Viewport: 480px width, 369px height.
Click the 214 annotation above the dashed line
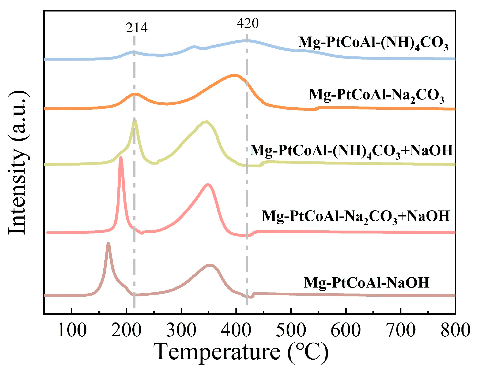[137, 28]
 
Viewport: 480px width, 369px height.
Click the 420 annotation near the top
[247, 24]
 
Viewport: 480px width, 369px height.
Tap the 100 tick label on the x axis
[72, 330]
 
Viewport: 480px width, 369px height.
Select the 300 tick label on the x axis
[181, 330]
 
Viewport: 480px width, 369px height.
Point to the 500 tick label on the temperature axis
[291, 330]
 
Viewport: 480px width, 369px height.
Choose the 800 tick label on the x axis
[455, 330]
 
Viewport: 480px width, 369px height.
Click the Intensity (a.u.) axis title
[18, 162]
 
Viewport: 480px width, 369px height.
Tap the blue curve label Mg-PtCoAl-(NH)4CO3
[373, 43]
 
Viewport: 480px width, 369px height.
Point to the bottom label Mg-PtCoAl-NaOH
[366, 283]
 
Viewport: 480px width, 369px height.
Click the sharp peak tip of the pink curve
[121, 158]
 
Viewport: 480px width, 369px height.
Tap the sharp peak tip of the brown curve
[108, 244]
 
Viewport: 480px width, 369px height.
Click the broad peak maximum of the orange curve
[234, 76]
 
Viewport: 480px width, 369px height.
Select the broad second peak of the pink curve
[208, 185]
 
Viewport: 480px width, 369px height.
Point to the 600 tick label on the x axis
[346, 330]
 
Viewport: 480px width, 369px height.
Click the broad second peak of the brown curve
[210, 265]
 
